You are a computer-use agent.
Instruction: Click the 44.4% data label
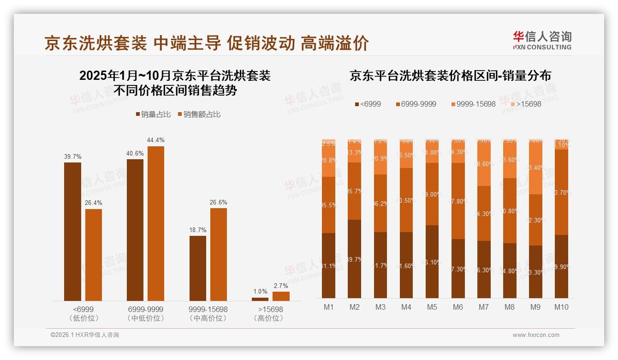155,140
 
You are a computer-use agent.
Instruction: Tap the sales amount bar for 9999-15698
219,254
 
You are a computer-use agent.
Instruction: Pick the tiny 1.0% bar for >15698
260,299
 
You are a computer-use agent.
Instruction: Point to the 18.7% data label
198,230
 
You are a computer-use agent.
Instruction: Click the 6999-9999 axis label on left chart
145,309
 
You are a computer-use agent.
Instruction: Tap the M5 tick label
432,307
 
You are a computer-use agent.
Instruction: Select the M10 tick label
561,307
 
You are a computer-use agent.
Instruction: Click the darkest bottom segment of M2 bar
355,258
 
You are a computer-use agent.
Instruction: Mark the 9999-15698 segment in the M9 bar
535,168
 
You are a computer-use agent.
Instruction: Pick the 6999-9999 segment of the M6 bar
458,201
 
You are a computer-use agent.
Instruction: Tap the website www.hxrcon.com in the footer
536,335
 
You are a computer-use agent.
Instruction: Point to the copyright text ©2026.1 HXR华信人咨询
84,335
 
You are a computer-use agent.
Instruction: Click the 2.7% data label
281,286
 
